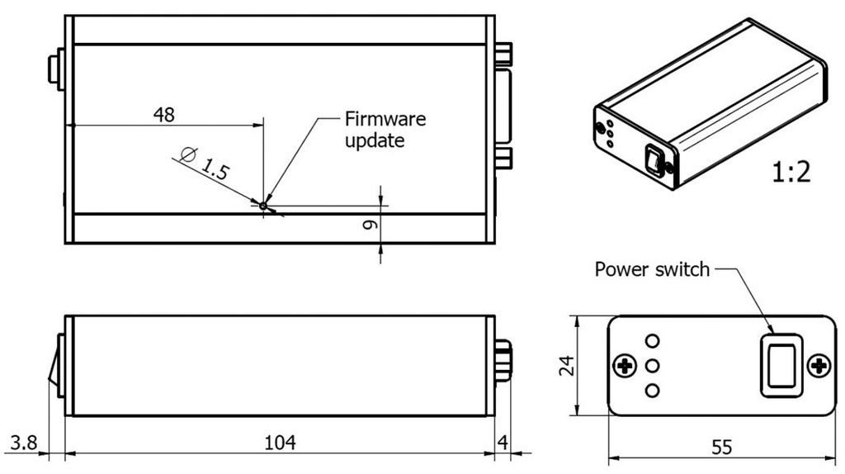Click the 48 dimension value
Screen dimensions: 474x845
click(x=164, y=114)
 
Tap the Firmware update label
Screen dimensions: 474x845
click(x=385, y=130)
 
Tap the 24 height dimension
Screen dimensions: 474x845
click(x=564, y=365)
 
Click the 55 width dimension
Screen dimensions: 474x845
click(x=720, y=448)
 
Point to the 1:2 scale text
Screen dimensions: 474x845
click(x=791, y=172)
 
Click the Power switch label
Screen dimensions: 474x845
click(x=652, y=269)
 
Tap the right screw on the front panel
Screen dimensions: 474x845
click(x=818, y=366)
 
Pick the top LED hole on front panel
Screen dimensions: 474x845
click(x=653, y=341)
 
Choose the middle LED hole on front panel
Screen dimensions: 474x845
click(x=653, y=365)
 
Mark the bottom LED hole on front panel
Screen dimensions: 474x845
click(x=653, y=390)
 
